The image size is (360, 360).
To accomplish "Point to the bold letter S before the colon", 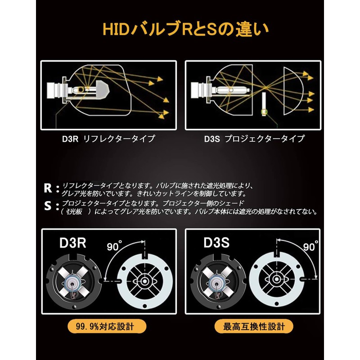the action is [48, 206].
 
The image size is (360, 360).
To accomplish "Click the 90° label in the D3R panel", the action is [116, 246].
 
